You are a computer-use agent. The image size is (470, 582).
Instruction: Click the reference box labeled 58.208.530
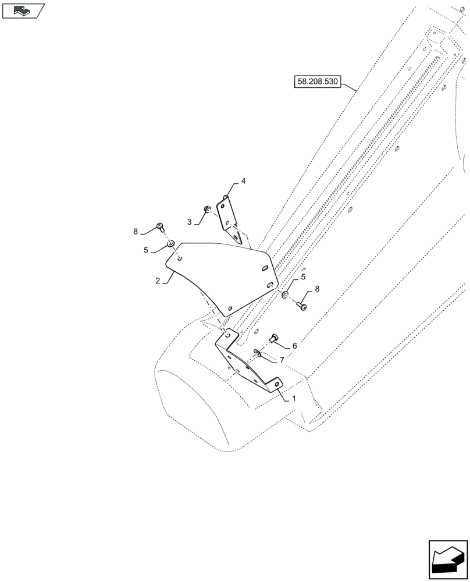pyautogui.click(x=319, y=81)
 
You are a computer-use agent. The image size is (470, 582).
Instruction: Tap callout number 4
pyautogui.click(x=243, y=181)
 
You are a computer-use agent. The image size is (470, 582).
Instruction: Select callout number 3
pyautogui.click(x=190, y=222)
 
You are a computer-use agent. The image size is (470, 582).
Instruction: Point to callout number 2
pyautogui.click(x=158, y=281)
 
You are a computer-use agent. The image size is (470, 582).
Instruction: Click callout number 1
pyautogui.click(x=294, y=399)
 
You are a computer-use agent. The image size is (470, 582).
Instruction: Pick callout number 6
pyautogui.click(x=294, y=346)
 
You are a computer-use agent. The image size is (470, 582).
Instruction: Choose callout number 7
pyautogui.click(x=282, y=360)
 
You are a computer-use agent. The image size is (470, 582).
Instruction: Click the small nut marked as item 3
pyautogui.click(x=206, y=209)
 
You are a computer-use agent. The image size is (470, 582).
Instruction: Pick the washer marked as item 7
pyautogui.click(x=257, y=352)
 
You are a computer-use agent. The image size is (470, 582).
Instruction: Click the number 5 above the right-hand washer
pyautogui.click(x=303, y=278)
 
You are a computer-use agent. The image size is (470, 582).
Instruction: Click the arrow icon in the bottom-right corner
pyautogui.click(x=448, y=560)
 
